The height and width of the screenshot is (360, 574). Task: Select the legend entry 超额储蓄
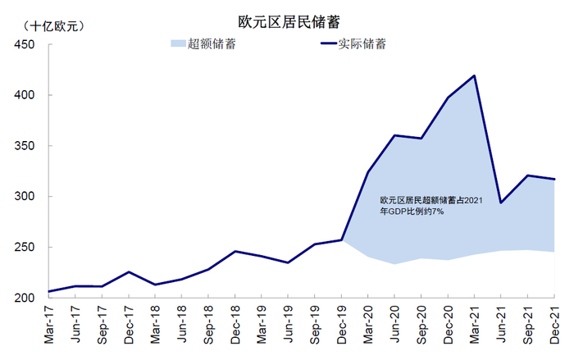click(212, 44)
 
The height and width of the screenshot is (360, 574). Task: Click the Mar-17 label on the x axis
click(50, 326)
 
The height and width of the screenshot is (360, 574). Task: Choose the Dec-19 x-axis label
click(342, 326)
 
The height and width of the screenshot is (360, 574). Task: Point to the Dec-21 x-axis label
click(553, 326)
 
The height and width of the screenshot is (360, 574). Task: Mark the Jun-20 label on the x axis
click(394, 326)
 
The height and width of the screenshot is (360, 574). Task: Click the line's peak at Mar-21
click(474, 76)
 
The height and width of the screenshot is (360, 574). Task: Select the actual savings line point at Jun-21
click(500, 203)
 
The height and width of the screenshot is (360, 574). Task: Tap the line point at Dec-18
click(235, 251)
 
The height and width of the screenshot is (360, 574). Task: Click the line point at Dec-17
click(129, 271)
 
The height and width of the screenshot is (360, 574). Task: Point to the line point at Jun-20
click(394, 135)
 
